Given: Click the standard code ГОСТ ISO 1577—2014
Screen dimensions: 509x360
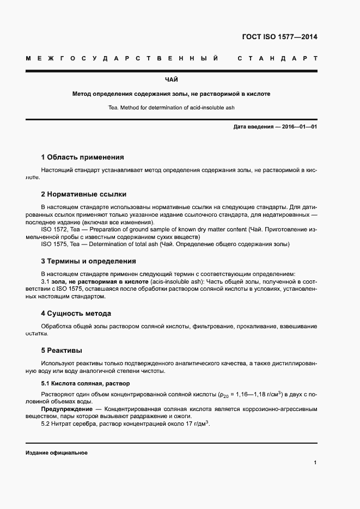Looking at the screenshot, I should (x=279, y=37).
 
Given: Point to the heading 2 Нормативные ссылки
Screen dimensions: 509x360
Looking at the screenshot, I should (x=84, y=194).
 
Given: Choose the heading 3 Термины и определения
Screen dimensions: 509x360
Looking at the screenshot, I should (x=88, y=261).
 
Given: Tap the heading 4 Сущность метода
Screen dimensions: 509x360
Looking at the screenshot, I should (x=76, y=313).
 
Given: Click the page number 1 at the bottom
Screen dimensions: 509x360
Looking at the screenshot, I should (x=315, y=462).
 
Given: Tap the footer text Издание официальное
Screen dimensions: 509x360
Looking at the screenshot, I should (x=56, y=453).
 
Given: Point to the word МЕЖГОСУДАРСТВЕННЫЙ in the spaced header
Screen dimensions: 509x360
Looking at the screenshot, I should (x=123, y=58).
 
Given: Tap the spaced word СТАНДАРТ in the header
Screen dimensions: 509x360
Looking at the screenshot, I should (x=278, y=58).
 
